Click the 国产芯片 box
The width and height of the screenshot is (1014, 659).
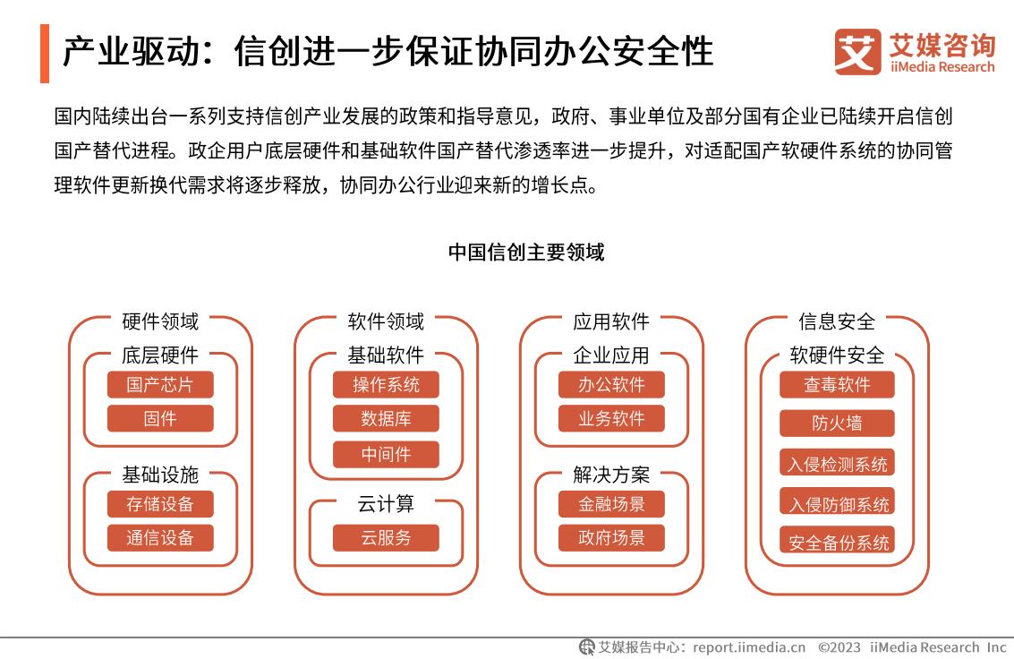(x=159, y=385)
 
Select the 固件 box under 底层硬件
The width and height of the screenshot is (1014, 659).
(x=159, y=418)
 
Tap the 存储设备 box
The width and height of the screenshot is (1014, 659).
(x=159, y=504)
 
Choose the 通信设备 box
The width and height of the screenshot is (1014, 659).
(x=159, y=538)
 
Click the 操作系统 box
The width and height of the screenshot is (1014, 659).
(x=386, y=385)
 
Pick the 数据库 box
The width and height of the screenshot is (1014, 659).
(x=386, y=418)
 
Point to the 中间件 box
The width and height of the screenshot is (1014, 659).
(x=386, y=454)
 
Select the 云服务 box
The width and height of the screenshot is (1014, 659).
(x=386, y=538)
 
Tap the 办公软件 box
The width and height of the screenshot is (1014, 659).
(x=611, y=385)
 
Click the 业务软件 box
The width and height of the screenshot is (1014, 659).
(x=611, y=418)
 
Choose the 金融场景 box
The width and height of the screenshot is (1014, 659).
(x=611, y=504)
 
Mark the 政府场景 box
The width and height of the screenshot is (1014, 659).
(x=611, y=538)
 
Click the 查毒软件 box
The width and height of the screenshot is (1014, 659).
(x=837, y=385)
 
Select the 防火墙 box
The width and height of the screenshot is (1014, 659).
(x=837, y=424)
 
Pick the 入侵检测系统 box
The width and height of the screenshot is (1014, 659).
(x=837, y=463)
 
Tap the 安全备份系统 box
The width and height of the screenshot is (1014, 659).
(x=837, y=541)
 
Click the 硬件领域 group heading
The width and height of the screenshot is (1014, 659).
(x=160, y=321)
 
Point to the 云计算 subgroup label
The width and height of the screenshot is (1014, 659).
(x=386, y=504)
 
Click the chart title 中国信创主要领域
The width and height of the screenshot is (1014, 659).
(x=526, y=252)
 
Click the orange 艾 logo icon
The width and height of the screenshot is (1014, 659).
(x=857, y=52)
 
